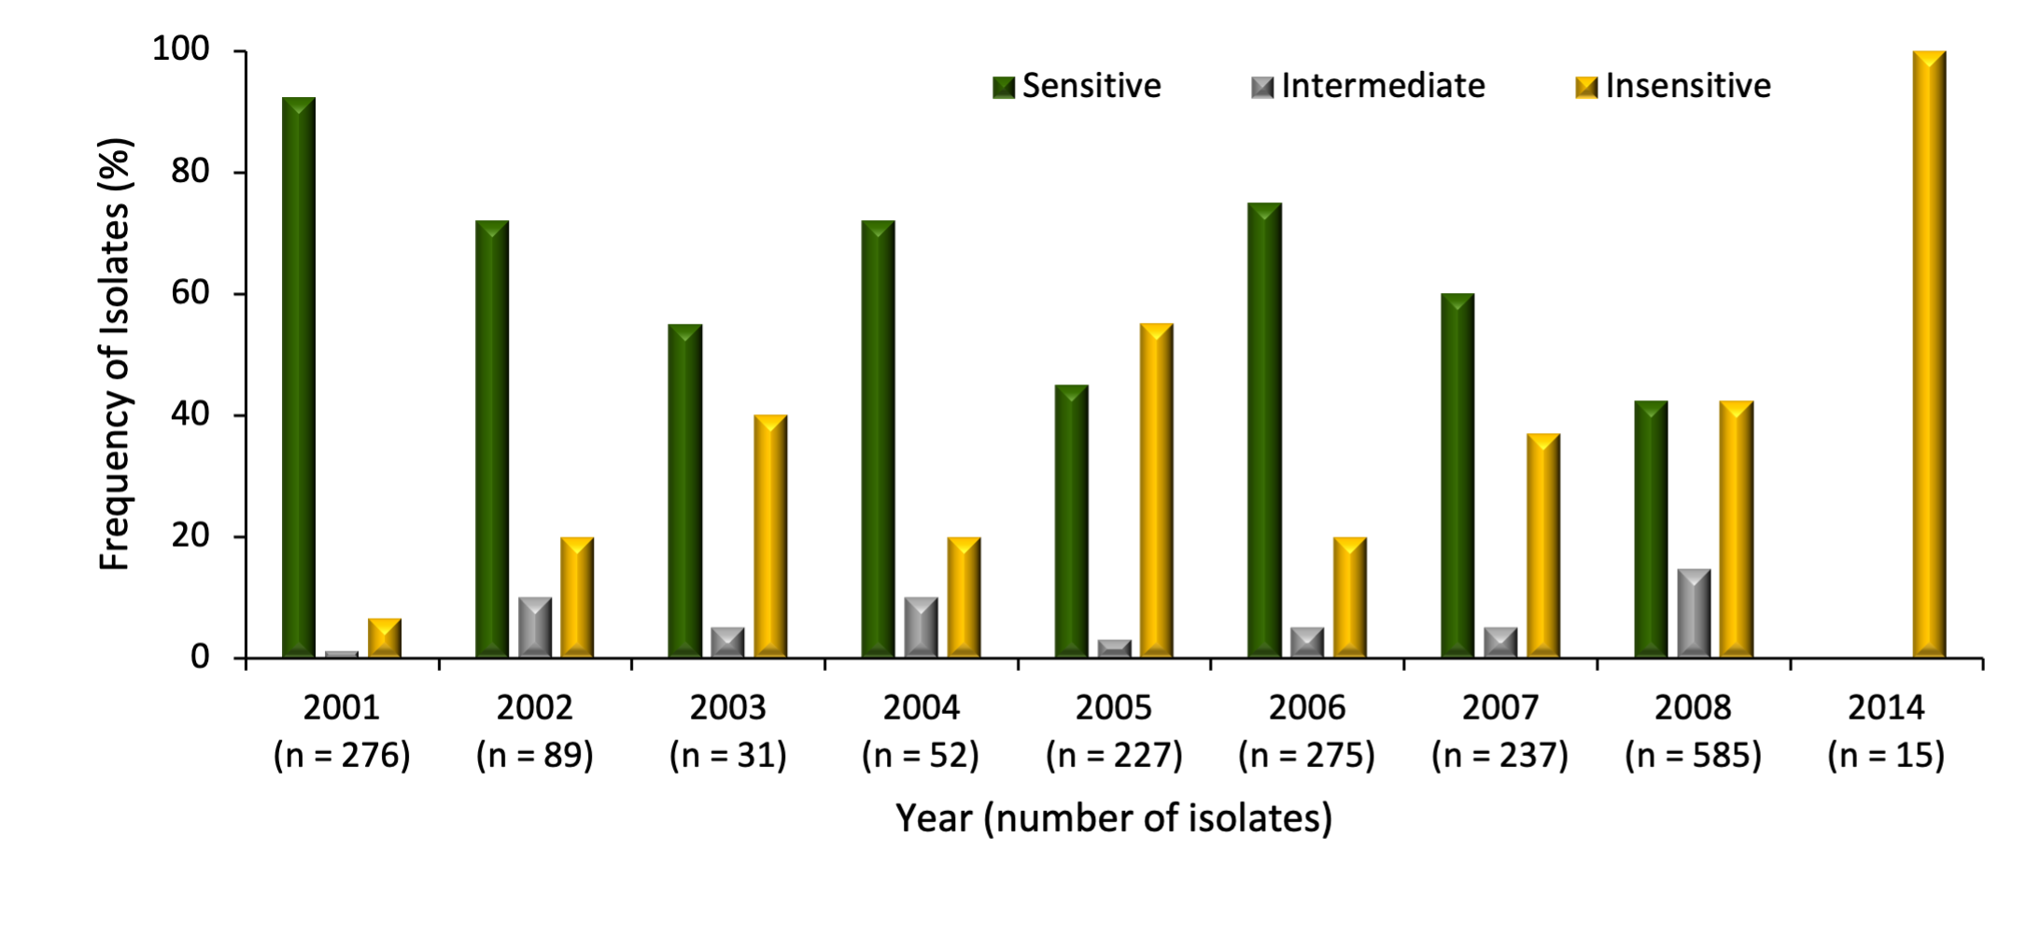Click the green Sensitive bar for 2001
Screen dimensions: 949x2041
pyautogui.click(x=299, y=378)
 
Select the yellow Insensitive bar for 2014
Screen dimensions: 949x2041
pyautogui.click(x=1929, y=355)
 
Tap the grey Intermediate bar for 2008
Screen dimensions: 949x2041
pyautogui.click(x=1694, y=613)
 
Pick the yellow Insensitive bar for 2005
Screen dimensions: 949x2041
pyautogui.click(x=1156, y=491)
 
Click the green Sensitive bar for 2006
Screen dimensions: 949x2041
pyautogui.click(x=1264, y=430)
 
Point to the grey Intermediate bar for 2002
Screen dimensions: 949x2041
pyautogui.click(x=535, y=627)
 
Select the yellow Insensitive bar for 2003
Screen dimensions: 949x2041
pyautogui.click(x=770, y=537)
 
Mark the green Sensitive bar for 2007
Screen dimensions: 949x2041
pyautogui.click(x=1457, y=476)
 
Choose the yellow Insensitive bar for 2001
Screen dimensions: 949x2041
pyautogui.click(x=384, y=638)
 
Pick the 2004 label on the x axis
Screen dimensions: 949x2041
pyautogui.click(x=921, y=708)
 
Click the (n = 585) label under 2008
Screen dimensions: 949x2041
pyautogui.click(x=1693, y=755)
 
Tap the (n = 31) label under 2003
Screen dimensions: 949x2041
pyautogui.click(x=727, y=755)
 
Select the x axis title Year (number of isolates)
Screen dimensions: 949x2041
pyautogui.click(x=1114, y=818)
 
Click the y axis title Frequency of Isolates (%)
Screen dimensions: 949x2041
pyautogui.click(x=116, y=355)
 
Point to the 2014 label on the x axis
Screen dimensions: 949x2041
pyautogui.click(x=1886, y=708)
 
